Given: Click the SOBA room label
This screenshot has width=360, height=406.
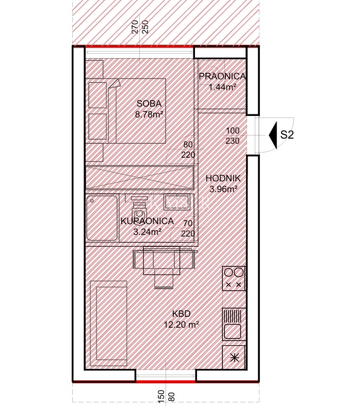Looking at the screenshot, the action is pyautogui.click(x=149, y=104).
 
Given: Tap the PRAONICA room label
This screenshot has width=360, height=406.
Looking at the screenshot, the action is pyautogui.click(x=222, y=76).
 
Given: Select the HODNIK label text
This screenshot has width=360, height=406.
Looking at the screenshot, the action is pyautogui.click(x=223, y=178).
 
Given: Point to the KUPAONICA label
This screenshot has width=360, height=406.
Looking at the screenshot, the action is pyautogui.click(x=147, y=221).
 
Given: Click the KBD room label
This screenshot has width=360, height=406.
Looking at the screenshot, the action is pyautogui.click(x=182, y=314).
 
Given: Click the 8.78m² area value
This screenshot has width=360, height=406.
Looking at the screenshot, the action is pyautogui.click(x=149, y=114).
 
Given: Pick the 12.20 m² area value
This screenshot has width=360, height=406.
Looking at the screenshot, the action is pyautogui.click(x=182, y=324).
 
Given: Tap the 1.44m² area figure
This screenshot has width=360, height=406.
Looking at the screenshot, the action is pyautogui.click(x=222, y=87).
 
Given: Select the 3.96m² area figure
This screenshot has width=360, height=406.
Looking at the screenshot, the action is pyautogui.click(x=223, y=189).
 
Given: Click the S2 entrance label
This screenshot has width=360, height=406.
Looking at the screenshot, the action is pyautogui.click(x=287, y=134).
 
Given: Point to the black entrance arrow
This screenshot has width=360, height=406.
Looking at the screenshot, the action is pyautogui.click(x=273, y=135).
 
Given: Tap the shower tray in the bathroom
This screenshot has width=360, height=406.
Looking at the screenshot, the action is pyautogui.click(x=102, y=218).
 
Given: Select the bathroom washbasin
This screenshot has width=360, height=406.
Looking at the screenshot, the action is pyautogui.click(x=176, y=202).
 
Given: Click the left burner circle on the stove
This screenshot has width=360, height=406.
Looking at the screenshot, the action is pyautogui.click(x=228, y=273).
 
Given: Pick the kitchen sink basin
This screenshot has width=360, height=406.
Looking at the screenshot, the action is pyautogui.click(x=232, y=331).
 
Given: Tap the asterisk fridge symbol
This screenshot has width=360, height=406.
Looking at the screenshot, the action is pyautogui.click(x=234, y=358).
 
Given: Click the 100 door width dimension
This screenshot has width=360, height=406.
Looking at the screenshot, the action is pyautogui.click(x=233, y=130).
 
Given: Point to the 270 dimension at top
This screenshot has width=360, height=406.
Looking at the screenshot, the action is pyautogui.click(x=135, y=27).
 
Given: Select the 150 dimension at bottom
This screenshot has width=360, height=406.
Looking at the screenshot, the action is pyautogui.click(x=161, y=396).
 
